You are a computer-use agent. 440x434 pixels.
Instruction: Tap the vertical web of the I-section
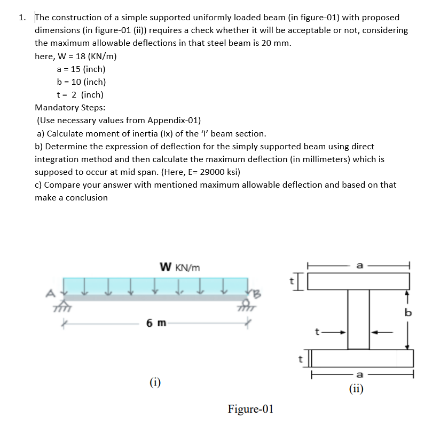coord(359,319)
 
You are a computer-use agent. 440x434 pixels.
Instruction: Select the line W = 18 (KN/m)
coord(76,57)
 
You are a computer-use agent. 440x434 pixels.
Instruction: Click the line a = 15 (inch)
coord(81,69)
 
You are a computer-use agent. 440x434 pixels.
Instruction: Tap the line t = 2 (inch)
coord(80,95)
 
